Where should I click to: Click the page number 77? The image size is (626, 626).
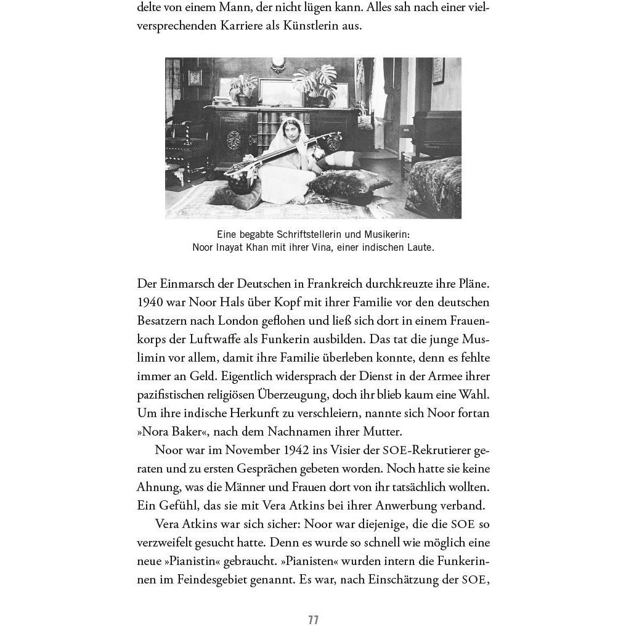click(313, 619)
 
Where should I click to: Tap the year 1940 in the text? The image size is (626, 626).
click(149, 302)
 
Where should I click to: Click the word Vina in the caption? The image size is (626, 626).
click(327, 248)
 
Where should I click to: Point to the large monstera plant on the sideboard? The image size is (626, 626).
click(318, 84)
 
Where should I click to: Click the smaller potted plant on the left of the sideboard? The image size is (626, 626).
click(243, 87)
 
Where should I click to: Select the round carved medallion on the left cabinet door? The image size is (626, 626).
click(235, 137)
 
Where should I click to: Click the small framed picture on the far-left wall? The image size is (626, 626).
click(195, 77)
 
